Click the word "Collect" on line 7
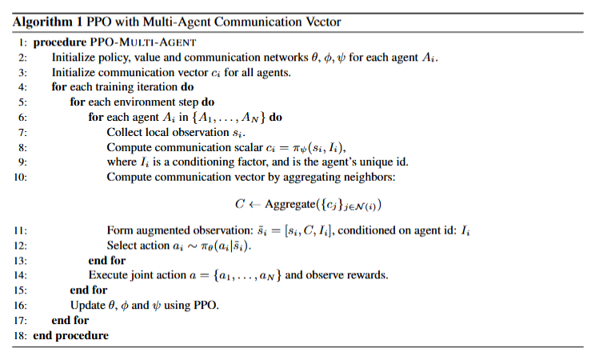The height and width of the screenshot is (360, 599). [125, 131]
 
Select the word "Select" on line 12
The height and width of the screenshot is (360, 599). [122, 246]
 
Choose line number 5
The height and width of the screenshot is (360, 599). [22, 102]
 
